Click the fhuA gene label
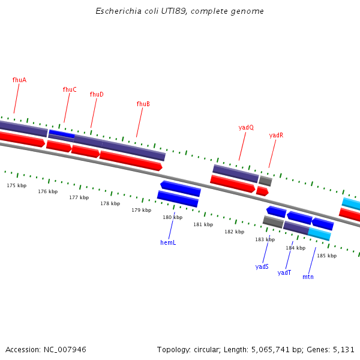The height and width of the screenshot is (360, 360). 19,80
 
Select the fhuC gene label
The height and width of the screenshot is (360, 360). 70,89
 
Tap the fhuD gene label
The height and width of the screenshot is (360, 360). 97,94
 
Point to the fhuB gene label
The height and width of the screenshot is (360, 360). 143,104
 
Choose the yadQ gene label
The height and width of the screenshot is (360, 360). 246,127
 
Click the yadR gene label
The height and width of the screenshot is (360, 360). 276,135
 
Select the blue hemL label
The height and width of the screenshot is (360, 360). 168,242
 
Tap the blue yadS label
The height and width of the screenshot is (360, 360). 262,266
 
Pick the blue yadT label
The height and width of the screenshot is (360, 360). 284,272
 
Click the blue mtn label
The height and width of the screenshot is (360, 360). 308,277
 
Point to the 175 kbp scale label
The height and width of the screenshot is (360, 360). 17,185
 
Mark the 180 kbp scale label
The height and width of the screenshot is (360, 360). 173,217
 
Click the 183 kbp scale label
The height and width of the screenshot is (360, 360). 265,239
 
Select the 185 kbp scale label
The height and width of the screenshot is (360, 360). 326,256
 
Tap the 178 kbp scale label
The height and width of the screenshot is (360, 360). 110,203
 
